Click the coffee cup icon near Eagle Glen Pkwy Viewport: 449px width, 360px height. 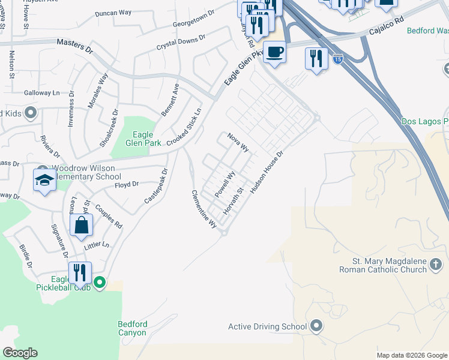pos(274,52)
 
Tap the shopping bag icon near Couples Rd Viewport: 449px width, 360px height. pos(81,226)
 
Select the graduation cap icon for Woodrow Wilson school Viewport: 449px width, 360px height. pos(44,181)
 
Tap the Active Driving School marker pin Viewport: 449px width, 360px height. pos(317,326)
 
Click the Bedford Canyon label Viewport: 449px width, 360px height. pos(132,328)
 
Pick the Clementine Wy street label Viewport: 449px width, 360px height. pos(204,209)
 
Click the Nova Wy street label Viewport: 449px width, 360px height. pos(238,143)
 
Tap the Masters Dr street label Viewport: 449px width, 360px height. pos(75,43)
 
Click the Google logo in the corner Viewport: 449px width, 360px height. pos(20,353)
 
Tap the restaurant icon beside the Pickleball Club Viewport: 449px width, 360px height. pos(80,273)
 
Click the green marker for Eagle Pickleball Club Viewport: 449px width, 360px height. pos(100,281)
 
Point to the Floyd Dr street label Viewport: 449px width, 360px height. pos(127,185)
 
